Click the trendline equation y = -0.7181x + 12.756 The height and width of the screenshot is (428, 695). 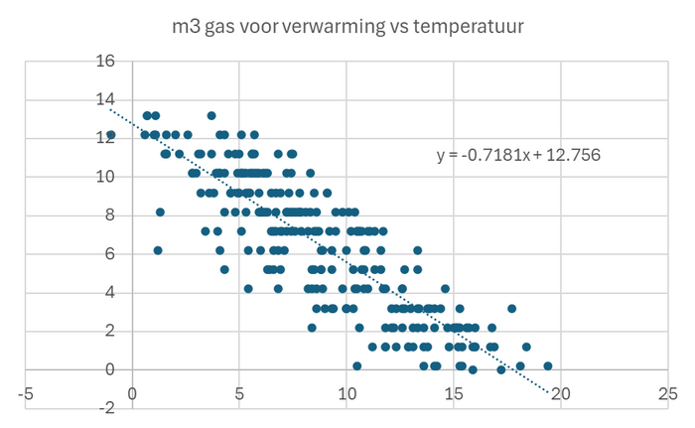[519, 155]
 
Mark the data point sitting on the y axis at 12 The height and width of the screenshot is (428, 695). [111, 134]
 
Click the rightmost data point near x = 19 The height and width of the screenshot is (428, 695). [547, 365]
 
